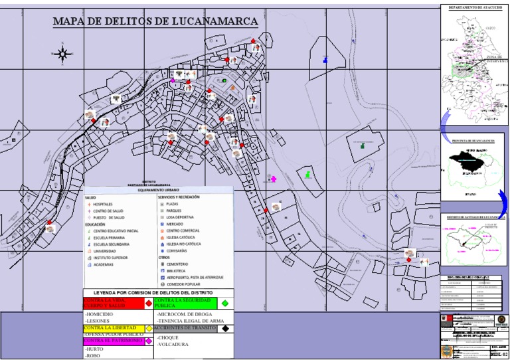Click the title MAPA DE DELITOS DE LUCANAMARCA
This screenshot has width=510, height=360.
click(155, 22)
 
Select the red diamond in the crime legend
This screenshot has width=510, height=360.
click(148, 303)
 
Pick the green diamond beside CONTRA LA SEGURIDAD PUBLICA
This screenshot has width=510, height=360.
click(224, 303)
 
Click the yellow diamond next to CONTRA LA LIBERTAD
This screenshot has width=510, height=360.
click(148, 328)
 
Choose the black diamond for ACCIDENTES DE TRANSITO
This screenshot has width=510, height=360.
click(226, 328)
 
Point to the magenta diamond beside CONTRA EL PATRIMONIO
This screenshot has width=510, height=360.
click(148, 341)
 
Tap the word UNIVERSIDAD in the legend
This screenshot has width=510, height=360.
click(105, 251)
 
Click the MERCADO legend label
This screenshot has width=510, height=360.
click(176, 224)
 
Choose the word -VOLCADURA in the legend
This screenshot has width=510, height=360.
click(173, 345)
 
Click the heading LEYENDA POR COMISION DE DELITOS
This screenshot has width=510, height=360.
click(158, 293)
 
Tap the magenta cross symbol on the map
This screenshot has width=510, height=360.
click(272, 179)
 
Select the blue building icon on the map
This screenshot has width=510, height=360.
click(325, 60)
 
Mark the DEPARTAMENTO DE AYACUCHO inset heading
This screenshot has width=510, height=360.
click(473, 7)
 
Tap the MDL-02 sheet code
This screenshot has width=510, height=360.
click(497, 355)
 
